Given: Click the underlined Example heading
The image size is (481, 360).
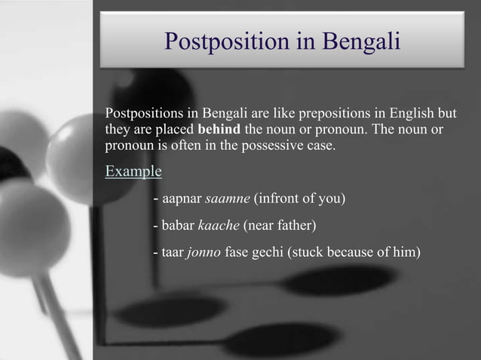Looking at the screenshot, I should (x=133, y=171).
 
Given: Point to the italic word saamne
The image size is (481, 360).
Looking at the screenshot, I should (x=228, y=200).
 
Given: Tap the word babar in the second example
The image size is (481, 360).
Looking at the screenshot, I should (x=179, y=225).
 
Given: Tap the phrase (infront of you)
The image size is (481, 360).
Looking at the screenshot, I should (x=299, y=200).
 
